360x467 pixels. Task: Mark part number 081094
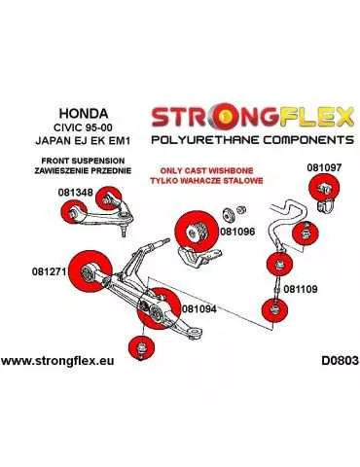200,307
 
